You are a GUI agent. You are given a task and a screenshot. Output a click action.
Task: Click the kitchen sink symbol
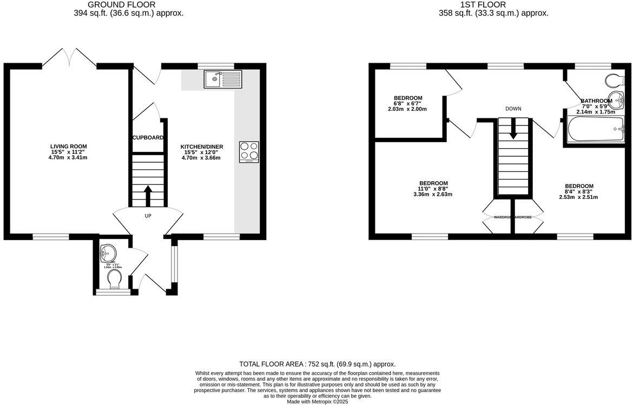(223, 79)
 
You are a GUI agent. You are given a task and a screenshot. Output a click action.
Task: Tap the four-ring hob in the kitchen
(249, 151)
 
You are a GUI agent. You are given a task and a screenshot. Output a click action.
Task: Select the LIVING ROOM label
(68, 147)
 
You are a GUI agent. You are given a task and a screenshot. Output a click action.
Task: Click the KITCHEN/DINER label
(201, 147)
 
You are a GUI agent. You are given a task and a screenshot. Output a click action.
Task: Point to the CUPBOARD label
(148, 138)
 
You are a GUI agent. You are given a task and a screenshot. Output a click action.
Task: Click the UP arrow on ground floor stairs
(148, 195)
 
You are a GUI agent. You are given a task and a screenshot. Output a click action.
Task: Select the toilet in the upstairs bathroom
(616, 81)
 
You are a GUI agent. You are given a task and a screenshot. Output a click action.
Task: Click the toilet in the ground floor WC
(114, 280)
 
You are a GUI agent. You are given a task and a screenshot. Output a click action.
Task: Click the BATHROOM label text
(596, 101)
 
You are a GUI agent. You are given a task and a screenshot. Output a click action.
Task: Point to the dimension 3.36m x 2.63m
(433, 195)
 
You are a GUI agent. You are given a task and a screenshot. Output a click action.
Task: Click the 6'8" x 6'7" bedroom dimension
(407, 103)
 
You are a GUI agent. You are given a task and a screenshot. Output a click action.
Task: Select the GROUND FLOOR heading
(128, 5)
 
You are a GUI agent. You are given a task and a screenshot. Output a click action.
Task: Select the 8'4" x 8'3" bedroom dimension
(579, 191)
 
